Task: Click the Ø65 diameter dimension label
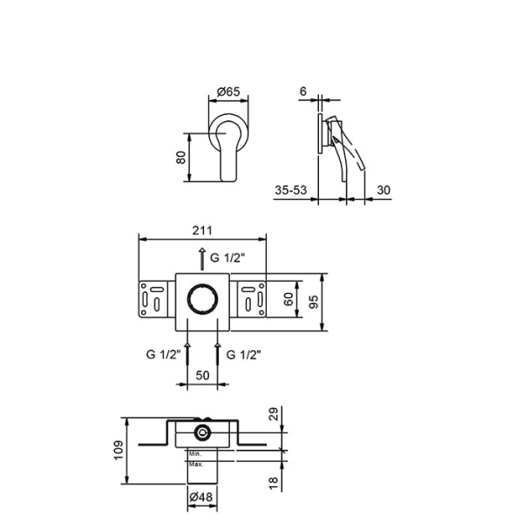click(228, 91)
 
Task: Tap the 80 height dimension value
click(180, 158)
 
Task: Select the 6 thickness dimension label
click(302, 91)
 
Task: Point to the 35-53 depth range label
click(290, 190)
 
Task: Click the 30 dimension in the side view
click(384, 190)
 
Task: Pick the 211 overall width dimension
click(202, 230)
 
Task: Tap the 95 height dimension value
click(313, 302)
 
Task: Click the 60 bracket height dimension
click(289, 298)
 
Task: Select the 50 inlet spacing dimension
click(202, 375)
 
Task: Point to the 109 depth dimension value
click(119, 451)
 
